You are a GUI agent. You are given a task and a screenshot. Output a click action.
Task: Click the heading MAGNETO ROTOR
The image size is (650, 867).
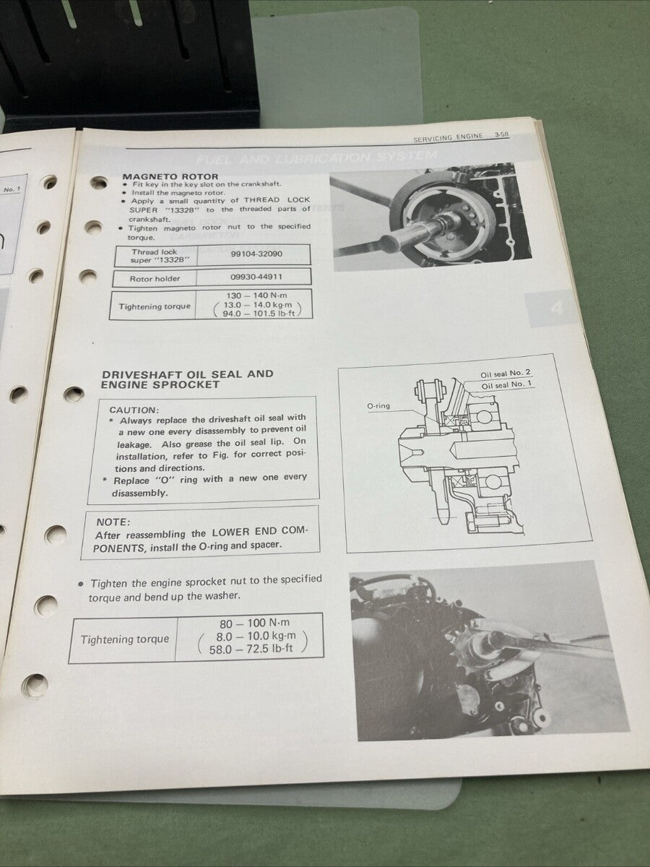(170, 176)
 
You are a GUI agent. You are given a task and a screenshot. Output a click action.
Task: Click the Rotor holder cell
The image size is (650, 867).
(155, 278)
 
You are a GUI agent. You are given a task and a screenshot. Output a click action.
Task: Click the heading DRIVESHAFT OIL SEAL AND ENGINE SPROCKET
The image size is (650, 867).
(187, 379)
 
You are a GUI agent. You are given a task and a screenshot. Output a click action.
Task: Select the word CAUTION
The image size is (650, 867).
(134, 409)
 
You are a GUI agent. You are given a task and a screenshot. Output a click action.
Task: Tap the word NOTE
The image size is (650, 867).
(113, 521)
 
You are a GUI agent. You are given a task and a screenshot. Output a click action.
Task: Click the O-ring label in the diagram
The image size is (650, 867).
(378, 405)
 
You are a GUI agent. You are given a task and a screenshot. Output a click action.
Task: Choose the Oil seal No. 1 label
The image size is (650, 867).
(508, 384)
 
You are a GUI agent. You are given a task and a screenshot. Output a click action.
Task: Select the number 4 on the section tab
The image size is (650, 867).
(555, 309)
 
